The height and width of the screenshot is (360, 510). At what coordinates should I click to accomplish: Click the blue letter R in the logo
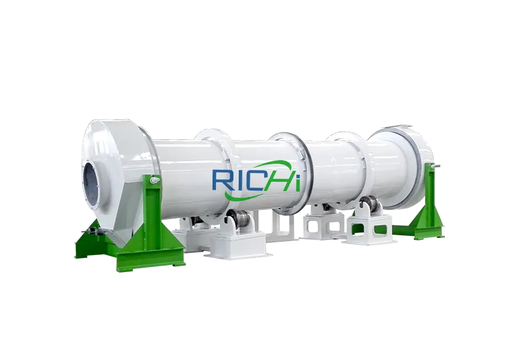(x=222, y=181)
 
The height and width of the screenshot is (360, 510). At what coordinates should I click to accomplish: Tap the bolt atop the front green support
(x=153, y=184)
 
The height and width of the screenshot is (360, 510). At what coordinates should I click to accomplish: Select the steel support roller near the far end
(x=366, y=207)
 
